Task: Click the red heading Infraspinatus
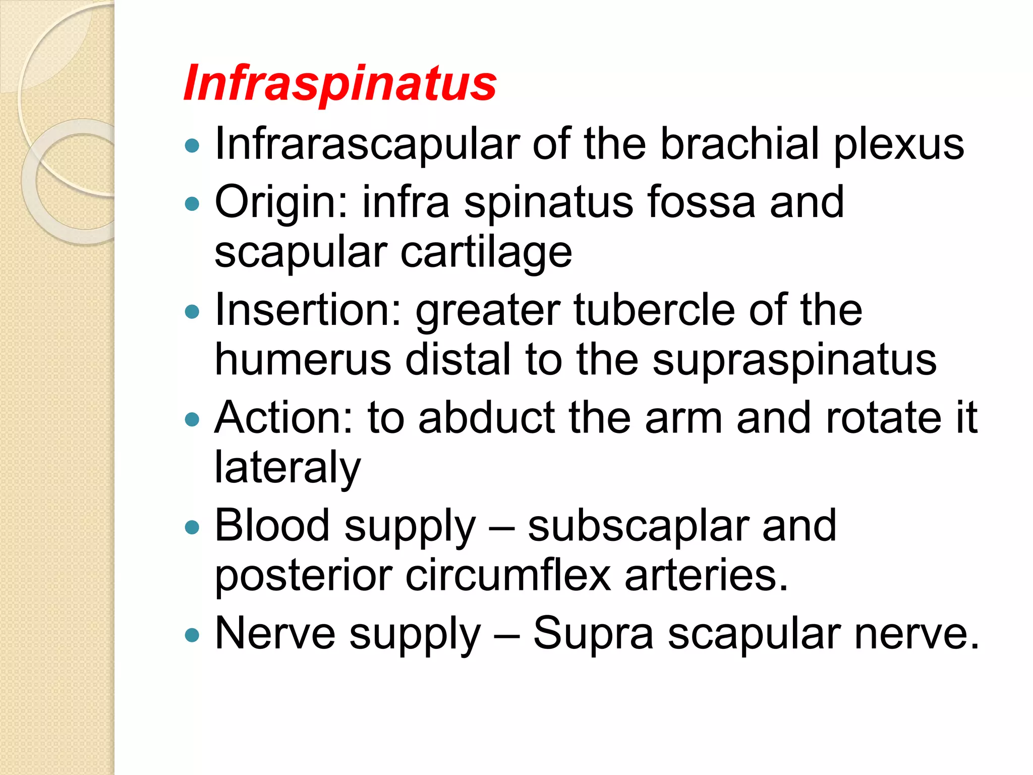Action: point(340,84)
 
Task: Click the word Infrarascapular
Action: point(367,144)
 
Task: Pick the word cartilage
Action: point(486,252)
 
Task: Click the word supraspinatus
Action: point(794,361)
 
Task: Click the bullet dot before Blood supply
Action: point(192,528)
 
